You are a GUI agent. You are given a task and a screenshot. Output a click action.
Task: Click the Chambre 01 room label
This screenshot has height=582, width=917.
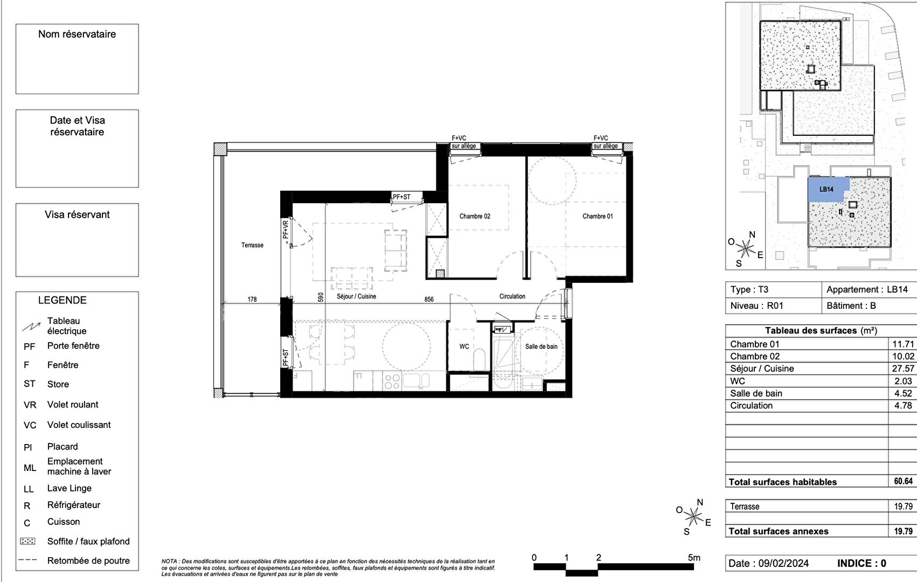point(598,216)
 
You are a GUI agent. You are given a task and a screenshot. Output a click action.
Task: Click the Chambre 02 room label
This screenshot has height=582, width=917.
point(475,216)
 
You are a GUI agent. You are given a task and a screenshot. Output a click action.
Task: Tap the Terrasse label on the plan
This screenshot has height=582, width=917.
point(252,245)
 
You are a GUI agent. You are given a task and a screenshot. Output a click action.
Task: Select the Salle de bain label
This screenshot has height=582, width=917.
point(541,347)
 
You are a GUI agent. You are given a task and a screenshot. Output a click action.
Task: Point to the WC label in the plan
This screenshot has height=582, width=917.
point(464,347)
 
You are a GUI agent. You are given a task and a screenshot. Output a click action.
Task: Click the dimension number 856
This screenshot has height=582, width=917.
point(429,300)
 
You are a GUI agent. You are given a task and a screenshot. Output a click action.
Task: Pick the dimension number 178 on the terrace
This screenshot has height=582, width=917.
point(252,300)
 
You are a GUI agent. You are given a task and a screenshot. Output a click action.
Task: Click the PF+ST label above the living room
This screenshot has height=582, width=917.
point(401,197)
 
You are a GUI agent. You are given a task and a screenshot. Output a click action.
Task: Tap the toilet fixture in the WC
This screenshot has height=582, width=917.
point(479,359)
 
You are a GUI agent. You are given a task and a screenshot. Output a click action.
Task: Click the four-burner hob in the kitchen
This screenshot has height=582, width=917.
point(392,382)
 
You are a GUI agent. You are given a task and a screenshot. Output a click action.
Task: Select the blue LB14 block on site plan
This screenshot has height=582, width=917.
point(827,189)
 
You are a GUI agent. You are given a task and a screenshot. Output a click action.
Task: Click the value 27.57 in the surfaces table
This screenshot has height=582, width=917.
point(903,369)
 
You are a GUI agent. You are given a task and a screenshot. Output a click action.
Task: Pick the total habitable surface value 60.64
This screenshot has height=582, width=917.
point(903,481)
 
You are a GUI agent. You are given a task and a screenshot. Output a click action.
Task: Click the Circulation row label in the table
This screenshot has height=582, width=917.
point(751,406)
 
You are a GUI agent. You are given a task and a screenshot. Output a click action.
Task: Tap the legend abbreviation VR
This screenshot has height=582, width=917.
point(30,405)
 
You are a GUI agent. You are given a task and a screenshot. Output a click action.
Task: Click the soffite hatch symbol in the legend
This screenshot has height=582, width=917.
point(27,541)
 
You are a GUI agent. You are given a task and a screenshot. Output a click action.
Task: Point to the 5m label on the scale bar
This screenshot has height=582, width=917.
point(694,558)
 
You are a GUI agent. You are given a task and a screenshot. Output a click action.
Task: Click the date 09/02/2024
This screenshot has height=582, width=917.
point(783,564)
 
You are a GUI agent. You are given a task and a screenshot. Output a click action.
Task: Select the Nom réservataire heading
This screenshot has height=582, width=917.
point(77,34)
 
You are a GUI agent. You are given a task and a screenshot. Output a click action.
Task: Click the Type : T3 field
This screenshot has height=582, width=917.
point(749,289)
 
